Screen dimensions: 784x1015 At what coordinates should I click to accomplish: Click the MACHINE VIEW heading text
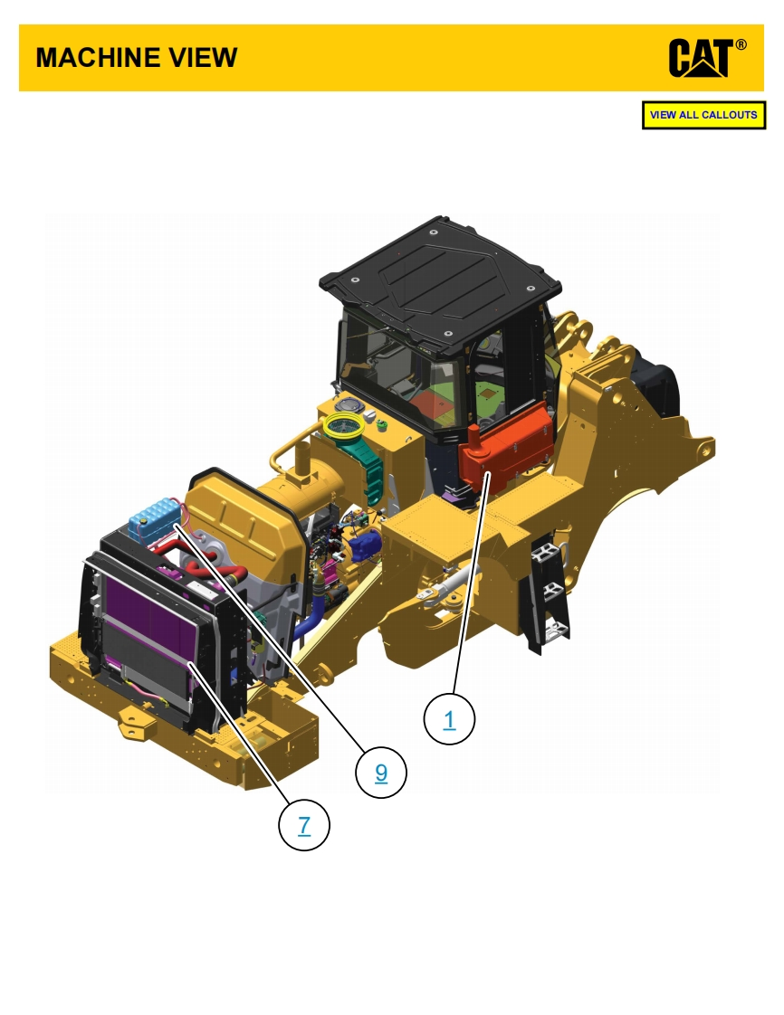[x=137, y=58]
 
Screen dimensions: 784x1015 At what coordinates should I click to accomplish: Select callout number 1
[x=449, y=719]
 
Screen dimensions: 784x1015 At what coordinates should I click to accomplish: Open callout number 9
[x=381, y=773]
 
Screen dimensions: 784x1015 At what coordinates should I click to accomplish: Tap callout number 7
[x=304, y=825]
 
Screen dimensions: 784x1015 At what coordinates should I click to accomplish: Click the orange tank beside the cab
[x=505, y=447]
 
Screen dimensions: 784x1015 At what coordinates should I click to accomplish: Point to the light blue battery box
[x=154, y=519]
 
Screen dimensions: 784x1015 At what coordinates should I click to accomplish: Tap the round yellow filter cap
[x=344, y=424]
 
